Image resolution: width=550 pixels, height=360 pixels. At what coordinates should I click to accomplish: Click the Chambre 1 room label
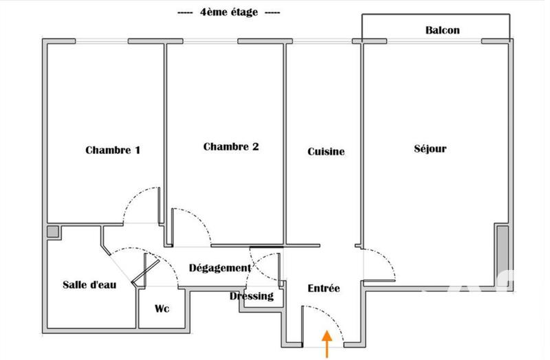113,150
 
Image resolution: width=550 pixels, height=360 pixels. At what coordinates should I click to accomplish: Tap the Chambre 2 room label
231,146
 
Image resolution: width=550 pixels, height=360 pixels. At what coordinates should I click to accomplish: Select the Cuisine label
326,152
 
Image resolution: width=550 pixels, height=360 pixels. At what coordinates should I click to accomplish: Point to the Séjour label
430,148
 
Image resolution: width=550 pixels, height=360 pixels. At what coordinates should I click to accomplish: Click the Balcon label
443,30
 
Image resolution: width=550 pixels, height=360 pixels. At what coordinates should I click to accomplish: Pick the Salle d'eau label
89,284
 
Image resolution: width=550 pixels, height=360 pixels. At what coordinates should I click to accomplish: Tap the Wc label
162,308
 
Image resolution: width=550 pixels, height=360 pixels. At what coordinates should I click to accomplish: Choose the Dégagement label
219,268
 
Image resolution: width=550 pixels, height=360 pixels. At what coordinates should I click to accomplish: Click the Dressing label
251,296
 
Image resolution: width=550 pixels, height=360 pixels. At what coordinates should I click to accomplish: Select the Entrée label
323,289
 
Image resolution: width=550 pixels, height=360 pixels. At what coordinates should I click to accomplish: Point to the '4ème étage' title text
228,12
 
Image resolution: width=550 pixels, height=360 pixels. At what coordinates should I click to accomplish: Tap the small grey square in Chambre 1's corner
53,232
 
